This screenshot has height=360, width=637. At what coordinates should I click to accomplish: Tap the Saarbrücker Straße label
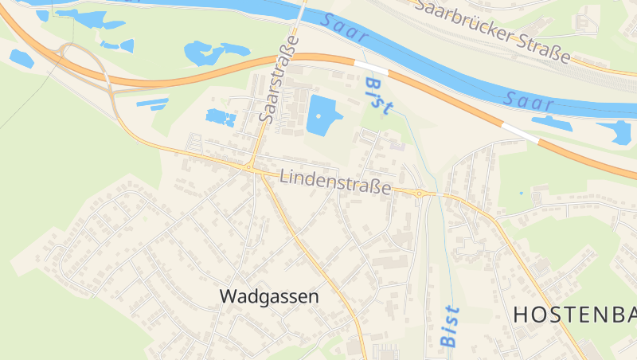point(494,30)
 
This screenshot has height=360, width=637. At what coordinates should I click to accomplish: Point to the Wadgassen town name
point(268,296)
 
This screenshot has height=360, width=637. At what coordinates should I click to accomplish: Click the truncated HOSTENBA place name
point(574,315)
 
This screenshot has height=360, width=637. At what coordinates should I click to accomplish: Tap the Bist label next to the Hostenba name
point(450,326)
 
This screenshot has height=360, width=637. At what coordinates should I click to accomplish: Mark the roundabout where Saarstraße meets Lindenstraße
point(250,168)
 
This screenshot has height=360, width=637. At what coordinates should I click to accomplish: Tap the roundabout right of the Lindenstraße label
point(420,193)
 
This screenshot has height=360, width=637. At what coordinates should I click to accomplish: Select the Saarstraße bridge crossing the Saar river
point(301,16)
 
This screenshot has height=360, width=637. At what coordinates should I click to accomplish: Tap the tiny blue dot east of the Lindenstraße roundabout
point(521,193)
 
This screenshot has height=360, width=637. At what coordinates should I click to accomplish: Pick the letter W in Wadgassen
point(227,296)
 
